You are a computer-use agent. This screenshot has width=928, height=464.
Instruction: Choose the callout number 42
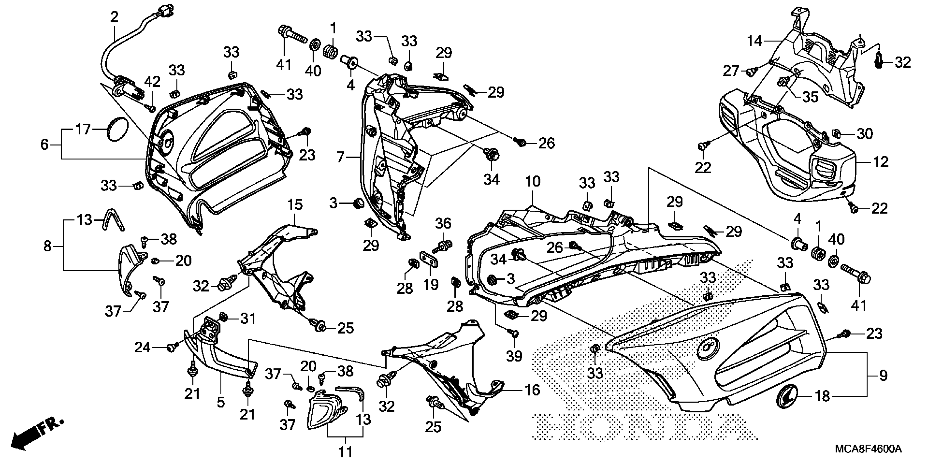click(x=152, y=82)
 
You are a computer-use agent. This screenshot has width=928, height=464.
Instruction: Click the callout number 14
click(x=754, y=41)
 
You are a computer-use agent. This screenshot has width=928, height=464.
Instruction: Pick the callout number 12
click(x=881, y=162)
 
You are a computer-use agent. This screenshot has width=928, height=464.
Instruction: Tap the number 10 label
click(x=533, y=182)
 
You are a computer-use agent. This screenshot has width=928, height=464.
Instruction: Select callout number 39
click(x=514, y=356)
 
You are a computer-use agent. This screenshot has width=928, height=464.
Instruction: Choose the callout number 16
click(x=533, y=390)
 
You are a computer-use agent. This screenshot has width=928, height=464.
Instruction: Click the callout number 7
click(x=340, y=157)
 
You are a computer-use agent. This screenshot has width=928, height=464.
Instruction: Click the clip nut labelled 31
click(x=223, y=317)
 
